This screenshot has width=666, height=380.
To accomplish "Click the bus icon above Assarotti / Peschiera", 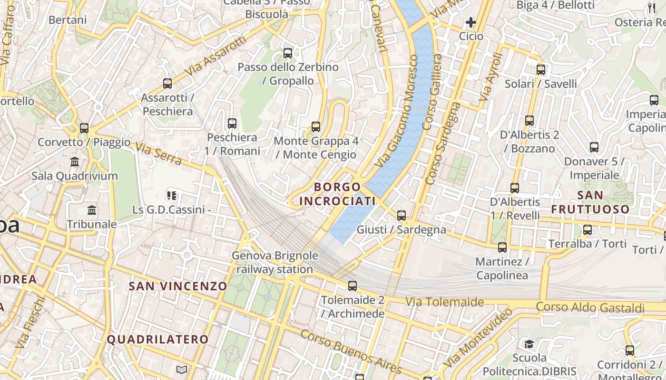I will click(x=167, y=84).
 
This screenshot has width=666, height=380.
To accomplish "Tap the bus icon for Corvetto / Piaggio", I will click(x=84, y=128).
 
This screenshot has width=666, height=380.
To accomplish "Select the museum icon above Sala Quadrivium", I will click(x=75, y=162).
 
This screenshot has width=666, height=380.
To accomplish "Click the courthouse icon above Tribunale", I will click(x=92, y=210).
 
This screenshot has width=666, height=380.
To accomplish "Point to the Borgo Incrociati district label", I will click(x=338, y=194).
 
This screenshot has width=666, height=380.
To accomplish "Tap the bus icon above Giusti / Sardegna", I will click(x=402, y=216).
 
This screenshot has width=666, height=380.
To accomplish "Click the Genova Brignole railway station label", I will click(x=274, y=263).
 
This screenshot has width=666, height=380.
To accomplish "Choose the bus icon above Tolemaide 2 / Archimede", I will click(x=352, y=286).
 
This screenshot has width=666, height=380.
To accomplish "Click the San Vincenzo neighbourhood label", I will click(x=178, y=286).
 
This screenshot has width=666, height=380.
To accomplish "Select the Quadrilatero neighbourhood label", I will click(x=157, y=340).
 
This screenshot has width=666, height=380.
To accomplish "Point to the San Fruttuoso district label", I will click(x=590, y=202).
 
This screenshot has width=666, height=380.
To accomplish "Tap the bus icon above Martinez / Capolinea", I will click(x=502, y=247).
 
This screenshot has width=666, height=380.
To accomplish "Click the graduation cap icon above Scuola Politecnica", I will click(x=529, y=343).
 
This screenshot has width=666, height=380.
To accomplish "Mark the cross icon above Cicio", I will click(x=471, y=22).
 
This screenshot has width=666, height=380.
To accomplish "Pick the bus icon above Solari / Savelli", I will click(x=541, y=70).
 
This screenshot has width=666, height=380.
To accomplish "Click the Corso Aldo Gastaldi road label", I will click(x=590, y=307).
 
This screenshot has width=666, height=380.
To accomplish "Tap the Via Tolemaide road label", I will click(x=444, y=302).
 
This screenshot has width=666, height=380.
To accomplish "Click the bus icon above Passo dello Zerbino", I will click(x=288, y=53).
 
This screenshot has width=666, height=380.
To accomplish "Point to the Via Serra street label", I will click(x=158, y=154).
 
